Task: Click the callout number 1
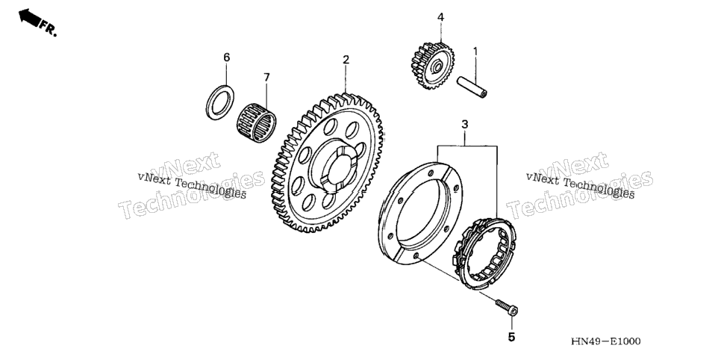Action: (x=475, y=52)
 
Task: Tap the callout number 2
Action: (x=346, y=60)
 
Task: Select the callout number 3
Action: (x=465, y=124)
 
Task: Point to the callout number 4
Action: (x=440, y=17)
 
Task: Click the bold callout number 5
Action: (x=512, y=337)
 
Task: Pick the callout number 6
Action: (x=226, y=57)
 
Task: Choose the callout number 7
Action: (x=266, y=78)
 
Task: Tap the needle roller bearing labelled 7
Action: (x=257, y=122)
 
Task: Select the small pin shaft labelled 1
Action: (x=472, y=87)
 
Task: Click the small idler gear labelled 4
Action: (x=432, y=66)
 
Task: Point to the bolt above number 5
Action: (x=507, y=307)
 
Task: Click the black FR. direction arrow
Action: (x=29, y=18)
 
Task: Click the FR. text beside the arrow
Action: (x=49, y=28)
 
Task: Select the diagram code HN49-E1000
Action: (x=605, y=341)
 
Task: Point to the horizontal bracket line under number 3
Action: (x=467, y=146)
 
